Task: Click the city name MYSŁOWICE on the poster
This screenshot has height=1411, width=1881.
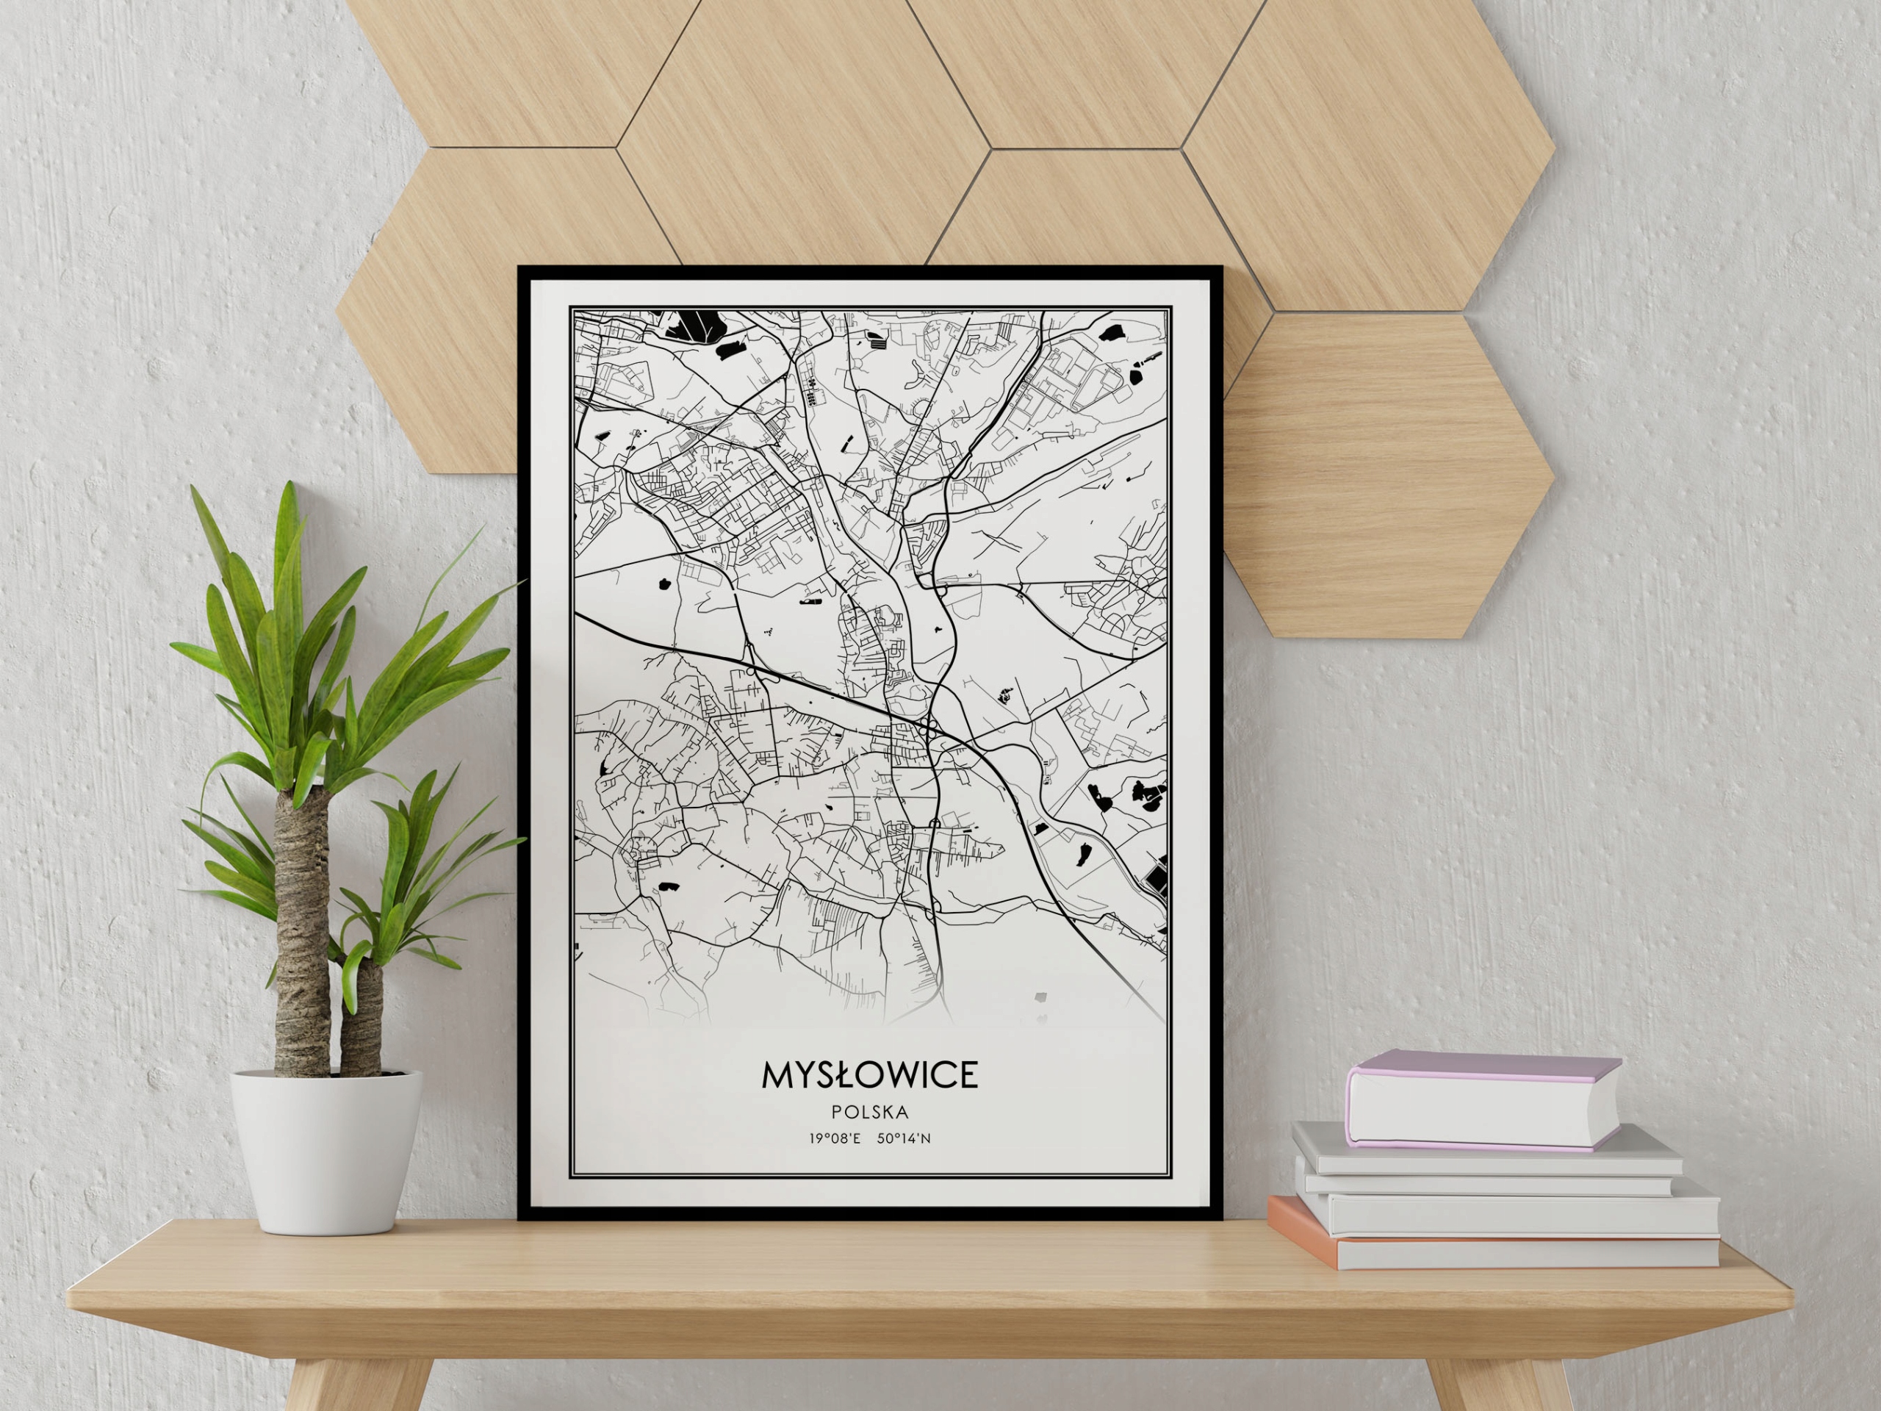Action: [x=869, y=1075]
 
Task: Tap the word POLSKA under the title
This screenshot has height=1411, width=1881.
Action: [x=870, y=1112]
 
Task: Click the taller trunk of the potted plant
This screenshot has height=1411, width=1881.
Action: [x=302, y=936]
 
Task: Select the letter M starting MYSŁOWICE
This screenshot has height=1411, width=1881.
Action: [x=777, y=1075]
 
